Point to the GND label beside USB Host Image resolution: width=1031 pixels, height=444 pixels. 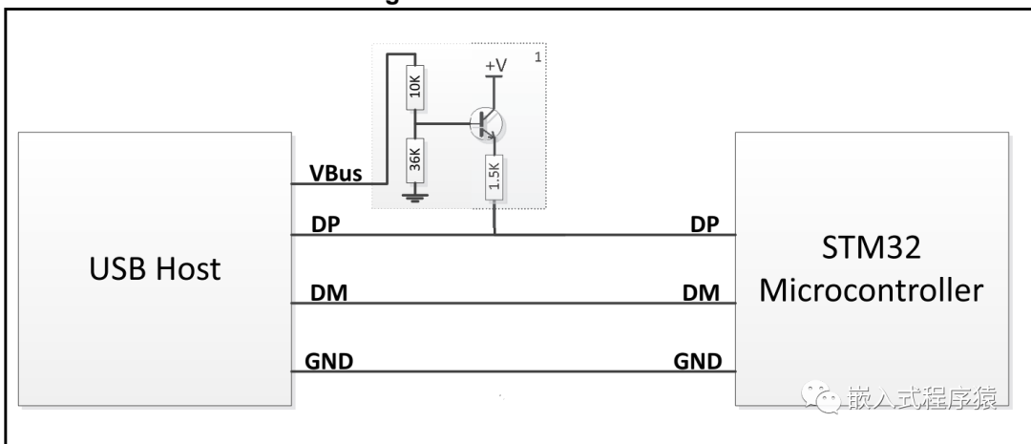(x=329, y=361)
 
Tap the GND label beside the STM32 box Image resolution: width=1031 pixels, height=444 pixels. (x=698, y=361)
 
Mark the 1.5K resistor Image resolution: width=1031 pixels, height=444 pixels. (x=494, y=177)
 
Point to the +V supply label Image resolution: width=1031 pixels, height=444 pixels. (x=495, y=65)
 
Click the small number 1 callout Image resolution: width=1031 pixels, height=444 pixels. (x=538, y=58)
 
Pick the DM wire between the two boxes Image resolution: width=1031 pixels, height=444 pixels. (x=515, y=304)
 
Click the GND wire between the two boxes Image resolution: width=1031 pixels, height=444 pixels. (x=515, y=372)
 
